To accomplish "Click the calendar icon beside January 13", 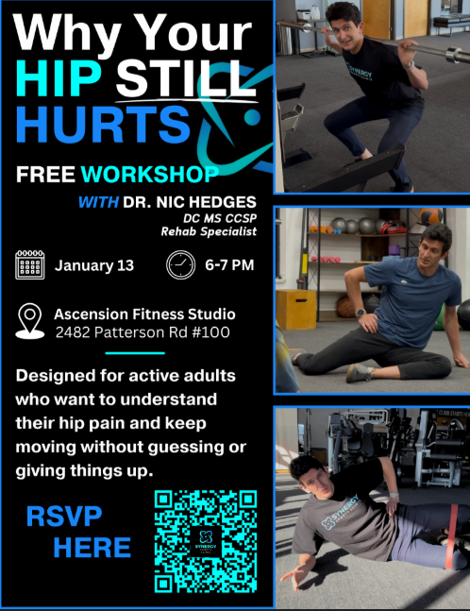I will click(31, 263).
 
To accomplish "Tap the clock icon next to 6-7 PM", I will click(180, 264).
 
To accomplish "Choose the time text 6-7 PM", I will click(229, 264).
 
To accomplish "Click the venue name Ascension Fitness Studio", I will click(145, 314).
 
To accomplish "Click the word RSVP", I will click(64, 518).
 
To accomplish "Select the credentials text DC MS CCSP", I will click(220, 218).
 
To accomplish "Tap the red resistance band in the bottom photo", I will click(459, 518).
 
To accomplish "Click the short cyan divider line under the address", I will click(135, 353).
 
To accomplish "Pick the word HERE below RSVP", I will click(92, 548).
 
